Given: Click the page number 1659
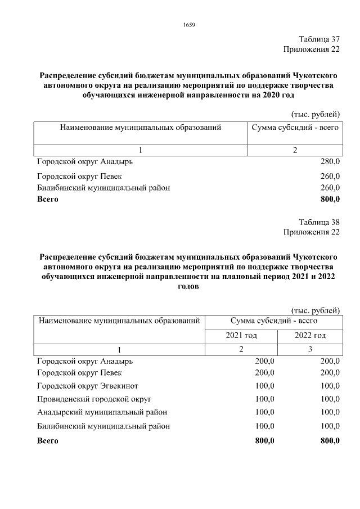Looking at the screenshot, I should tap(188, 24).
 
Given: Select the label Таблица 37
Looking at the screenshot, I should tap(319, 39).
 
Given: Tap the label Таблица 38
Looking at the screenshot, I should tap(319, 221).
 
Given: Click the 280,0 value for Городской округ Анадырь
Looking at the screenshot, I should tap(330, 162).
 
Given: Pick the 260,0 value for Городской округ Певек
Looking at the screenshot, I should tap(330, 177).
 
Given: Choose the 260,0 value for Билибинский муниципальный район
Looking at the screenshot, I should tap(330, 188).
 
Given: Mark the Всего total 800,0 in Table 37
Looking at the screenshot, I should tap(330, 199).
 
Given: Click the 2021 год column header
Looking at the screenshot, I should tap(241, 336).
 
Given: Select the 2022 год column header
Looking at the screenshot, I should tap(310, 336).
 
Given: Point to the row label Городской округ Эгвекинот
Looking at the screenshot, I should tap(87, 386).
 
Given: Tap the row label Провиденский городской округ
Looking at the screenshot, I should tap(88, 399).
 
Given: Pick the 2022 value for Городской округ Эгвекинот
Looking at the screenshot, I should tap(330, 386).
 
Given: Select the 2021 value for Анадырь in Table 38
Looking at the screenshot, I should tap(264, 361).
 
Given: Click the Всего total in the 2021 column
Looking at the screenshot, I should tap(264, 441).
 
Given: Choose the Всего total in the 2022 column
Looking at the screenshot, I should tap(329, 441).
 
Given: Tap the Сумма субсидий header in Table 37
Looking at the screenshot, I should tap(295, 128).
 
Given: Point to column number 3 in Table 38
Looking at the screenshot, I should tap(310, 350).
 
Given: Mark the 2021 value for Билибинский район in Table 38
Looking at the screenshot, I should tap(264, 426).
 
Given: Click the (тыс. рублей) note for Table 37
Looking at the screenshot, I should tap(316, 115).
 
